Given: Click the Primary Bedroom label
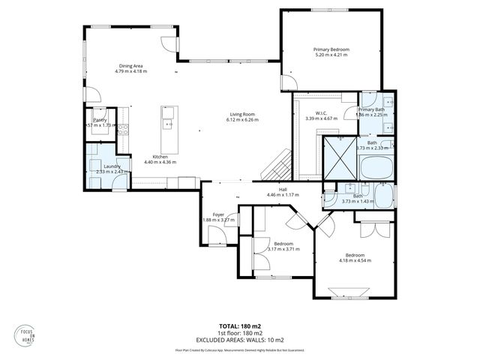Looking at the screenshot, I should coord(331,49).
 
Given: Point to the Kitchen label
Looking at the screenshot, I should coord(160,156).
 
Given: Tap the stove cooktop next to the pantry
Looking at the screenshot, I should coord(123,128).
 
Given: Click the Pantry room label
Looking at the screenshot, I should coord(100,120).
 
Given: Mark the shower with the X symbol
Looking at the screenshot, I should coord(340,157).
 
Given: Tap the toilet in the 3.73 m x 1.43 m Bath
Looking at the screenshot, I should coord(331,198).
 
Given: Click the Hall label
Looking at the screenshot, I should coord(283,189).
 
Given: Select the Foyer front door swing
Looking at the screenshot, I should coord(217,237).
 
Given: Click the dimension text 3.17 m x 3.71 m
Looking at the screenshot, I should coord(283,249).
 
